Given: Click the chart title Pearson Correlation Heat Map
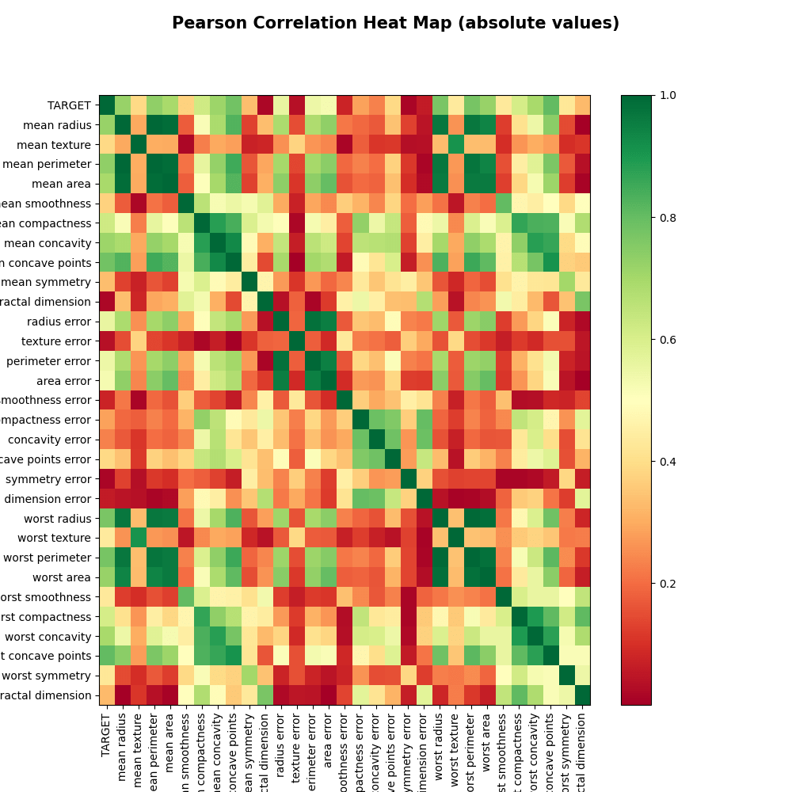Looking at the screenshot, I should [395, 24].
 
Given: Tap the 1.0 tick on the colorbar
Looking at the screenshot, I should [667, 95].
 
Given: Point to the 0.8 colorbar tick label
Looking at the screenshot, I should [667, 217].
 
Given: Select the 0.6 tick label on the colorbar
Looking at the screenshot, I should [667, 339].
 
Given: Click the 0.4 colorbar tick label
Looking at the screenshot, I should [667, 461].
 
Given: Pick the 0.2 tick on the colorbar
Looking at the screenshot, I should [667, 583].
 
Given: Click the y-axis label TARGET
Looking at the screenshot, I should [69, 105].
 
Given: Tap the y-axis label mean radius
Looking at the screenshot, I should [55, 124].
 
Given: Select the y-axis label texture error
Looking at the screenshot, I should [56, 341].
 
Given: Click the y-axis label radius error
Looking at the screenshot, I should [59, 321].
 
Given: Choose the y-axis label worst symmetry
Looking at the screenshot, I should [47, 675].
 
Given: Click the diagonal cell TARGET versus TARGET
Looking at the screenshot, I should [107, 105].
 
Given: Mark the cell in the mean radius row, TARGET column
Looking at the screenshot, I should [107, 124].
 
